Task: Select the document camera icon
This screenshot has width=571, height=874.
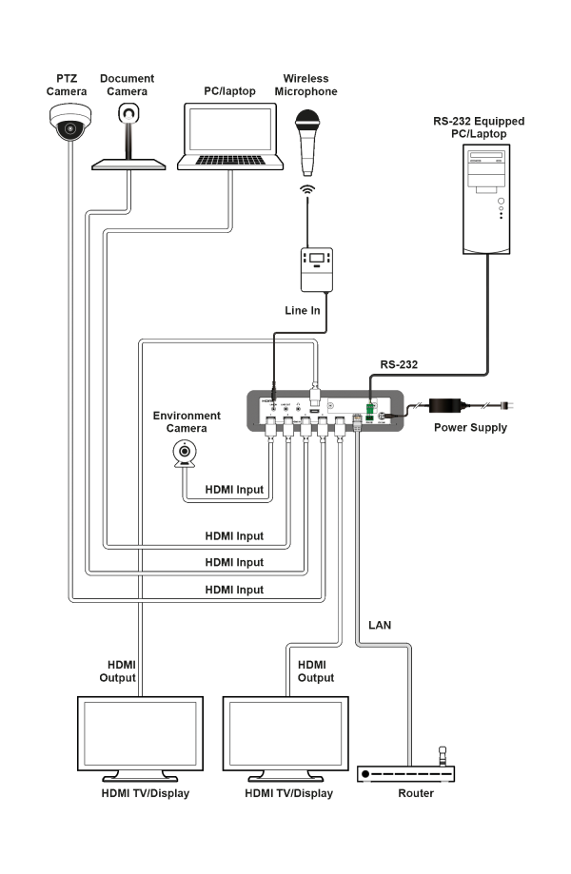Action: click(x=127, y=139)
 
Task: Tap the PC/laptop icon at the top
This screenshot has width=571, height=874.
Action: click(x=231, y=138)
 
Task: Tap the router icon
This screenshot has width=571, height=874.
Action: click(x=407, y=771)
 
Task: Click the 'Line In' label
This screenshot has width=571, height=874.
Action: click(x=303, y=311)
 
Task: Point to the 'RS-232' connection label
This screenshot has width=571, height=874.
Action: click(x=400, y=363)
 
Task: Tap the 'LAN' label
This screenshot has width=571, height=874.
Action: click(x=380, y=625)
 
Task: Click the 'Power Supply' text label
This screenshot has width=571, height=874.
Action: click(x=470, y=428)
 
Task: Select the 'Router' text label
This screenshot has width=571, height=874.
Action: click(x=417, y=793)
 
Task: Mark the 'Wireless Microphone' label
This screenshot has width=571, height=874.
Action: click(x=306, y=86)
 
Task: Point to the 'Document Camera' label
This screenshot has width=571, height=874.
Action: click(x=127, y=85)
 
